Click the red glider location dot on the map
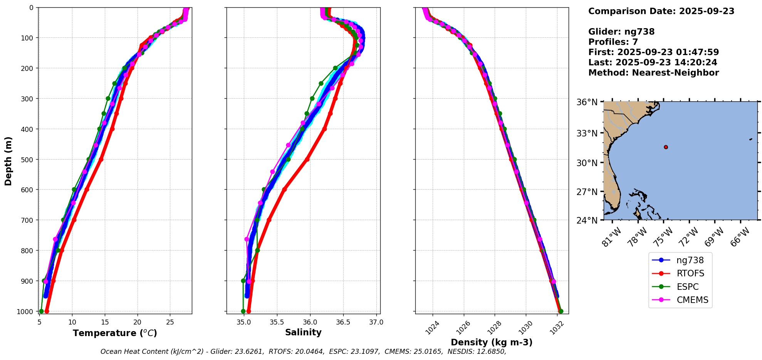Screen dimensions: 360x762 pos(666,147)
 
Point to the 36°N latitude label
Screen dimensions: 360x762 pos(587,102)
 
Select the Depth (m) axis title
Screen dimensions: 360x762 pos(8,161)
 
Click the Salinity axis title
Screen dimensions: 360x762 pos(303,333)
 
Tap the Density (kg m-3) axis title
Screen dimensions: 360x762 pos(492,342)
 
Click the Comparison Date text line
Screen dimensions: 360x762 pos(661,11)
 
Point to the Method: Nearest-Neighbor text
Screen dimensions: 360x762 pos(653,73)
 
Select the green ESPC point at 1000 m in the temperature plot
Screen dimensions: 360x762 pos(41,311)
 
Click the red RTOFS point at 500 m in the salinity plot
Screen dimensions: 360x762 pos(307,159)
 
